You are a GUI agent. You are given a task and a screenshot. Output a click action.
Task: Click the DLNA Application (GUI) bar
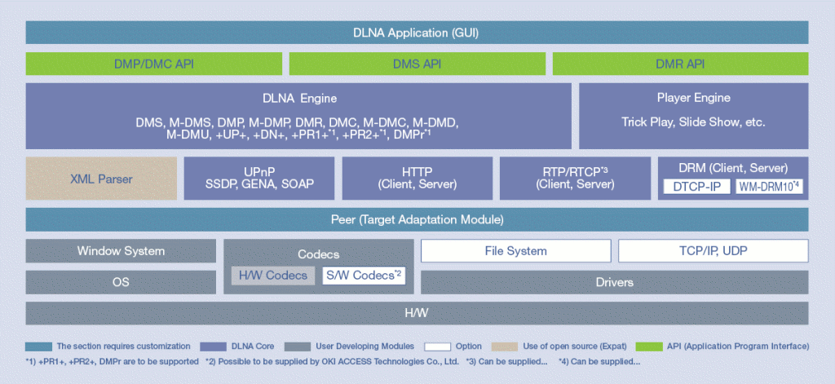click(417, 33)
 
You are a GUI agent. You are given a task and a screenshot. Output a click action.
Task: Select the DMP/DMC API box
click(153, 64)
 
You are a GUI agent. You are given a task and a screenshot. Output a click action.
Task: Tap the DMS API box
click(417, 64)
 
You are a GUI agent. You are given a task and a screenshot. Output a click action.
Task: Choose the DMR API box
click(680, 64)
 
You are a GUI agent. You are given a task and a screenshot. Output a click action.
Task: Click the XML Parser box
click(101, 179)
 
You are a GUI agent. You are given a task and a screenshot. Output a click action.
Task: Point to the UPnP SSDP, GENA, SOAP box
click(259, 179)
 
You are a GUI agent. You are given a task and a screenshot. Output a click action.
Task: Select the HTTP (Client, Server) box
click(417, 179)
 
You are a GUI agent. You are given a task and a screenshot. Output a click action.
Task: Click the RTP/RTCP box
click(575, 179)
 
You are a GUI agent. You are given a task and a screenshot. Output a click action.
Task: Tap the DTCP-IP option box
click(696, 187)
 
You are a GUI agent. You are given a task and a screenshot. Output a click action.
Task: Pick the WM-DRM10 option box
click(770, 187)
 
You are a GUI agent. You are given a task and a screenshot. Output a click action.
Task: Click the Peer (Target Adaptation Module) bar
click(417, 219)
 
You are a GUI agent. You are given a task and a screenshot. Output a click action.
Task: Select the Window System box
click(121, 251)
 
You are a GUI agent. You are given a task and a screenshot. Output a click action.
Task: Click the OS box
click(121, 282)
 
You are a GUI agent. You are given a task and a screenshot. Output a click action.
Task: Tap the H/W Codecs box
click(273, 276)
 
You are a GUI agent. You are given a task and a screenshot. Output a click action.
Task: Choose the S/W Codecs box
click(364, 276)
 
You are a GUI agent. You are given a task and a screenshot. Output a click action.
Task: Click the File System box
click(515, 251)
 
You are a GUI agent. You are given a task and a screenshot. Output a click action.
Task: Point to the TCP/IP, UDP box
click(713, 251)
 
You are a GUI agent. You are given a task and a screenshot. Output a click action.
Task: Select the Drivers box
click(614, 282)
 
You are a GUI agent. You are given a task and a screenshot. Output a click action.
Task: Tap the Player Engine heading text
click(693, 98)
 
